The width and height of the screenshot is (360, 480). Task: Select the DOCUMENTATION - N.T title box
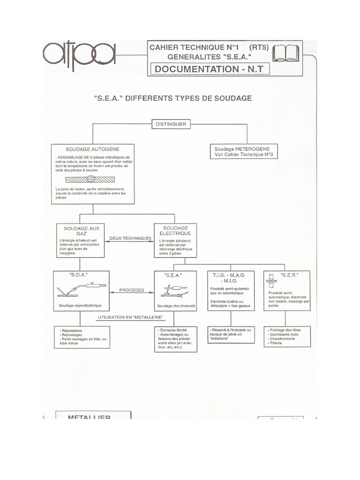tap(209, 69)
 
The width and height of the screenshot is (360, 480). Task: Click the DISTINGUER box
tap(169, 124)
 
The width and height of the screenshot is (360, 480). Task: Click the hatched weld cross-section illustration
tap(92, 179)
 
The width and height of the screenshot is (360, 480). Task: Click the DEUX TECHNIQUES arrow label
tap(130, 238)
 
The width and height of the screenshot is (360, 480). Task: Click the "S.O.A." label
tap(77, 275)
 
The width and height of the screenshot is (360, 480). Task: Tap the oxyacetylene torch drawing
tap(82, 289)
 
